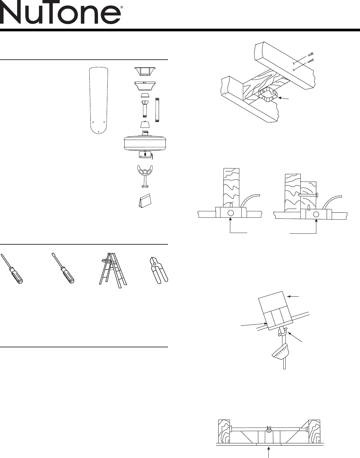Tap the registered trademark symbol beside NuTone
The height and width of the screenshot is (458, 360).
(x=122, y=7)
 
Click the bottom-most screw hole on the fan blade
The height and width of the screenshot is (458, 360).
(x=99, y=132)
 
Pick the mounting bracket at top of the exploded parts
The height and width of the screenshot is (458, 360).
(x=145, y=71)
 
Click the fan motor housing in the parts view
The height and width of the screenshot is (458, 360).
(x=145, y=143)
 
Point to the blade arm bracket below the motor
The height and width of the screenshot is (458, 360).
(x=145, y=176)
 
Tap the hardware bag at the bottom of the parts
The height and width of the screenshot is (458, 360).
(x=145, y=200)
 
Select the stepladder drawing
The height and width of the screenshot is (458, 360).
(x=113, y=270)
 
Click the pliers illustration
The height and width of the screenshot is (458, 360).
(x=159, y=270)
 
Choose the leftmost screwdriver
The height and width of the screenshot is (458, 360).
(x=12, y=269)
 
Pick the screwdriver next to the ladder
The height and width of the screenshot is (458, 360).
(x=63, y=268)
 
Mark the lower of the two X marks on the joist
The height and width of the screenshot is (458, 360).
(x=293, y=70)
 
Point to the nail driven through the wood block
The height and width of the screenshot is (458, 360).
(x=308, y=195)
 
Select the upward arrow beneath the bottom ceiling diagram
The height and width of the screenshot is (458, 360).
(x=269, y=452)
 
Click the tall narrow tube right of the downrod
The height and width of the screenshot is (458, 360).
(x=157, y=110)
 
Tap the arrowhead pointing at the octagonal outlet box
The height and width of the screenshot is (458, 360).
(x=280, y=98)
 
